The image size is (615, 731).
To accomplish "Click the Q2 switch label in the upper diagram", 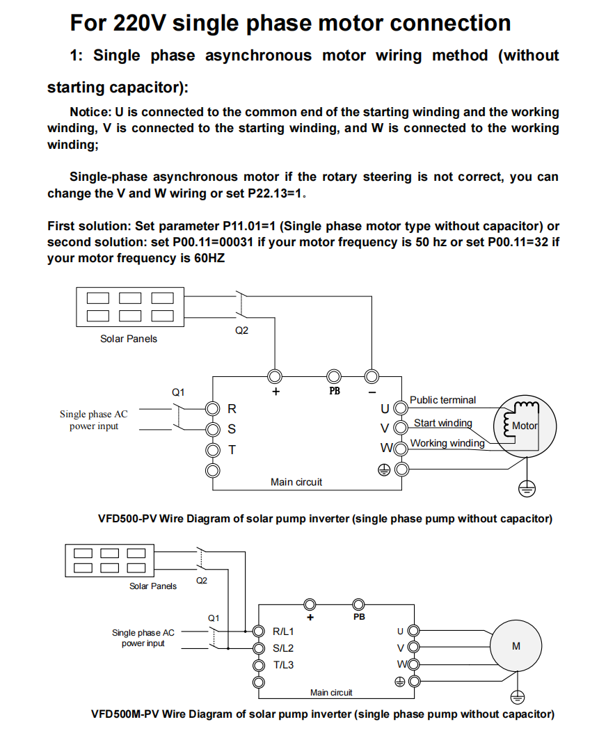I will [241, 330].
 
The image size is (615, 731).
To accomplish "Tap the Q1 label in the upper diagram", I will [179, 392].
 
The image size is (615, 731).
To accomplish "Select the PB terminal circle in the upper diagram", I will [334, 376].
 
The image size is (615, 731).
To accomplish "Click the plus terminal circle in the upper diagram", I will [275, 376].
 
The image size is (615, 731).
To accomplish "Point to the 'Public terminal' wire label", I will [442, 400].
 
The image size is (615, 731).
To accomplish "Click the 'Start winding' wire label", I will [442, 423].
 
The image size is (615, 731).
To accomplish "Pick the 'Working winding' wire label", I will [447, 443].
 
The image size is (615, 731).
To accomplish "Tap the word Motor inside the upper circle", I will [525, 426].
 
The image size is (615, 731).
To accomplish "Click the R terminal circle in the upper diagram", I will [213, 408].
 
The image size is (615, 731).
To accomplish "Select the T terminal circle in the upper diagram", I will [213, 450].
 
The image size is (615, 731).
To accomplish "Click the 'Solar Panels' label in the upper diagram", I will [129, 339].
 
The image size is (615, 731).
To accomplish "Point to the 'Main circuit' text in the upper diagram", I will [296, 482].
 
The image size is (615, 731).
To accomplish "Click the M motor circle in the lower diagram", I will [516, 646].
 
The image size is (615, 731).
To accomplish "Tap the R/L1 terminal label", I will [283, 632].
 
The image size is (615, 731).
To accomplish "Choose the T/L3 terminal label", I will [283, 665].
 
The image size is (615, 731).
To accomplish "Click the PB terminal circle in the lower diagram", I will [359, 604].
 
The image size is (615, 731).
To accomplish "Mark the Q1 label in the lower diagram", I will [214, 618].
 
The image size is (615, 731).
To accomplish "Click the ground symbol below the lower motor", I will [516, 696].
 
